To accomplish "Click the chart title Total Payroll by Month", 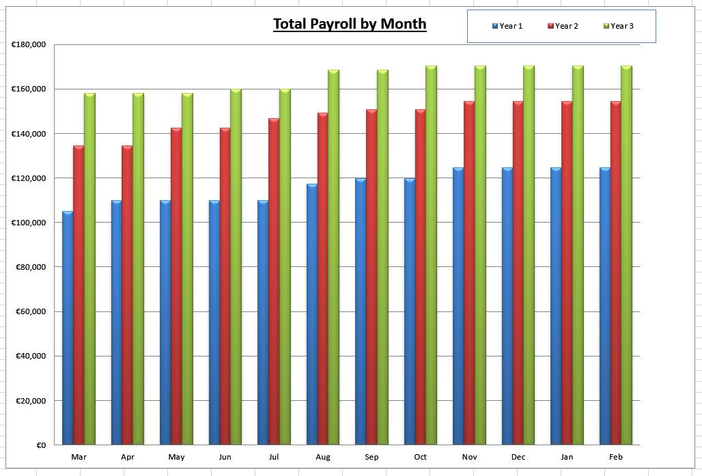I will (x=350, y=24).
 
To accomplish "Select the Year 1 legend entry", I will (x=507, y=26).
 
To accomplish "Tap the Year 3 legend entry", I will (x=619, y=26).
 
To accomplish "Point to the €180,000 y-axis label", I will (x=29, y=45).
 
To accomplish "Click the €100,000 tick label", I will (x=29, y=223).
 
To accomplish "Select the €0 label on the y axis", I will (x=40, y=445).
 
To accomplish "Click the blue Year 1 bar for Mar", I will (x=68, y=328).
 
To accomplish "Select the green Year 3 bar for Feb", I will (x=626, y=256).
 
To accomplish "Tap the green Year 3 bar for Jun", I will (x=236, y=266).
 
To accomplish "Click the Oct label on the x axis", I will (x=421, y=457).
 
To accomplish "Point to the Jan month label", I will (x=567, y=457).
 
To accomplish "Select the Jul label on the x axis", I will (x=274, y=457).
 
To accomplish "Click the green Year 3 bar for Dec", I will (x=529, y=256).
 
